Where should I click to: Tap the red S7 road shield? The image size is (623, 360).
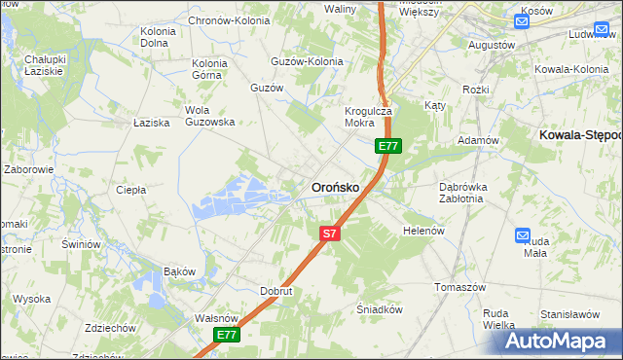(330, 234)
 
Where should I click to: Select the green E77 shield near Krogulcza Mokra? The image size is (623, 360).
(388, 146)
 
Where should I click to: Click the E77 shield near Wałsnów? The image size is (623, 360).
(227, 335)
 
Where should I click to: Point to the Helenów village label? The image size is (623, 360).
(423, 231)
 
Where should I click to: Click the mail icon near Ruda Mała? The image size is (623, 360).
(522, 236)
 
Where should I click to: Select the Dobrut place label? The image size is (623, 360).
(276, 291)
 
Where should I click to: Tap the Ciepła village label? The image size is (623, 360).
(130, 190)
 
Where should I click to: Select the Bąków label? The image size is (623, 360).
(180, 270)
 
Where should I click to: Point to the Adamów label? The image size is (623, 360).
(478, 140)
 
